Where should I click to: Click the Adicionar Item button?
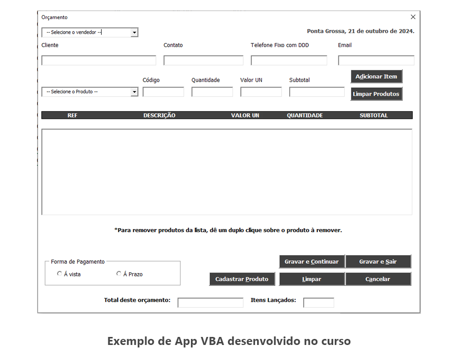[x=376, y=77]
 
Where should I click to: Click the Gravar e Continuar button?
[x=312, y=262]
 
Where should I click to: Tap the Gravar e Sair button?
[x=378, y=262]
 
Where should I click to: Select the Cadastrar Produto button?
[x=242, y=279]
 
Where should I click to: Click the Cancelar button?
[x=378, y=279]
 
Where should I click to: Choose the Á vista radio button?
[x=60, y=274]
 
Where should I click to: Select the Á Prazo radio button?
[x=119, y=274]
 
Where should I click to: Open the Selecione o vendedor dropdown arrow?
[x=134, y=33]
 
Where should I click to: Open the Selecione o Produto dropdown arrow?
[x=134, y=92]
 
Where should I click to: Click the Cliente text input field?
[x=99, y=61]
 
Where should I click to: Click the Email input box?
[x=376, y=61]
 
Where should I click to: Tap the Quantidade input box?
[x=212, y=92]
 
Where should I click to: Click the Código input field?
[x=163, y=92]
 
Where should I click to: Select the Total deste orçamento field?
[x=210, y=303]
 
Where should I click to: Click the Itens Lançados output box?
[x=319, y=303]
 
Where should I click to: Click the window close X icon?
[x=413, y=17]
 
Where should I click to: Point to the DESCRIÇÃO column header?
[x=159, y=115]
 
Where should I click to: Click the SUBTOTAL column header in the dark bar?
[x=374, y=115]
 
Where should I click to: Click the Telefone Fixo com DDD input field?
[x=289, y=61]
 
